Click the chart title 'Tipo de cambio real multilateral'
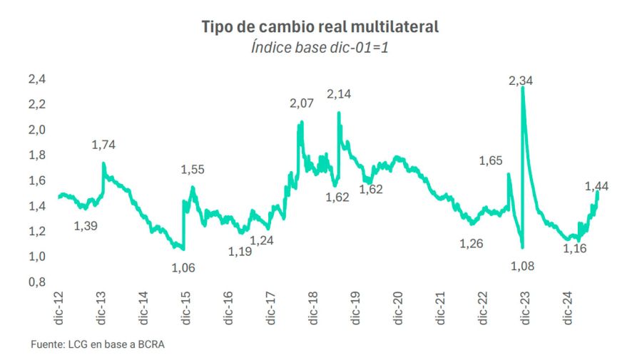tap(320, 27)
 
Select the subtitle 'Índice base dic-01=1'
tap(320, 48)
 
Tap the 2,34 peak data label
tap(521, 81)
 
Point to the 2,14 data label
tap(340, 93)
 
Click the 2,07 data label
tap(302, 104)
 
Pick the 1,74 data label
tap(103, 145)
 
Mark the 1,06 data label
tap(183, 268)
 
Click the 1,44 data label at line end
tap(596, 187)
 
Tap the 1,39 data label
tap(86, 226)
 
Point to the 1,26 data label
tap(472, 244)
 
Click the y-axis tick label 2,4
tap(36, 79)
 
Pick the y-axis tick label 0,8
tap(36, 282)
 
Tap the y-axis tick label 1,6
tap(36, 180)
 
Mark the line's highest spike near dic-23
tap(523, 88)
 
